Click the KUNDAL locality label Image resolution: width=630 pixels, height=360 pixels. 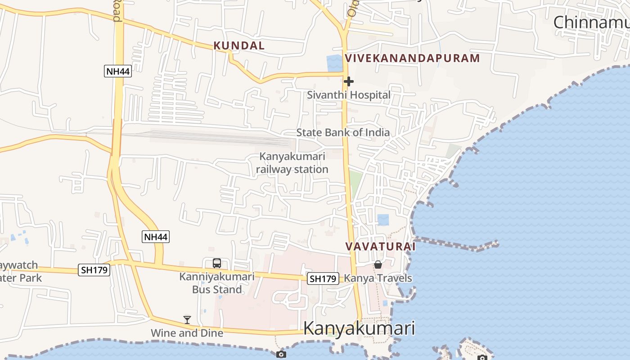pyautogui.click(x=239, y=45)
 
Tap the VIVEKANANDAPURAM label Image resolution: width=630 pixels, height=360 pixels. pyautogui.click(x=412, y=58)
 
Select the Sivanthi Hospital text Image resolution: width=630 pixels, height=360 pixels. pyautogui.click(x=348, y=95)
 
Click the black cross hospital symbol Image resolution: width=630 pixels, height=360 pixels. pyautogui.click(x=348, y=81)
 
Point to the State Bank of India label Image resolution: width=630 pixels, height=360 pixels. pyautogui.click(x=343, y=133)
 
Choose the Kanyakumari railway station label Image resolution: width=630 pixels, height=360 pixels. pyautogui.click(x=292, y=163)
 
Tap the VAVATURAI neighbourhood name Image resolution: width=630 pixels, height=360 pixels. pyautogui.click(x=380, y=247)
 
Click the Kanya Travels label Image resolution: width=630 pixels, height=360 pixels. pyautogui.click(x=378, y=278)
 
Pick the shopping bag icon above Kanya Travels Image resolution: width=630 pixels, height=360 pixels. pyautogui.click(x=378, y=265)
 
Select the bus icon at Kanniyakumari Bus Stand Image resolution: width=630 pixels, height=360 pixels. pyautogui.click(x=217, y=263)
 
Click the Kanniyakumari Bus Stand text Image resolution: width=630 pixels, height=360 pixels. pyautogui.click(x=217, y=283)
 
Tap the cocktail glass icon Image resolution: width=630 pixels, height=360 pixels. pyautogui.click(x=187, y=320)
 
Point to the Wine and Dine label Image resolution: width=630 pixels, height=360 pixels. pyautogui.click(x=187, y=333)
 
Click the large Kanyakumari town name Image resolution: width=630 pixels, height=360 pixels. pyautogui.click(x=359, y=328)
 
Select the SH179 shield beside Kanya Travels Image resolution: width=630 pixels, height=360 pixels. pyautogui.click(x=323, y=279)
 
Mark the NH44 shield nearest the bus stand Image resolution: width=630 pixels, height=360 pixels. pyautogui.click(x=156, y=237)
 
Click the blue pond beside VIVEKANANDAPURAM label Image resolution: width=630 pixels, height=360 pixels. pyautogui.click(x=334, y=63)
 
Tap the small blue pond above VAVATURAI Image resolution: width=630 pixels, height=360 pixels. pyautogui.click(x=383, y=220)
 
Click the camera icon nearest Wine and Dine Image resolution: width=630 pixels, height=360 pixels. pyautogui.click(x=281, y=355)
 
